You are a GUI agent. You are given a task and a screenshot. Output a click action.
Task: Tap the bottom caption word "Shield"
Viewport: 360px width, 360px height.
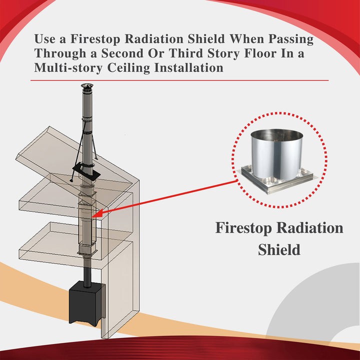click(x=279, y=249)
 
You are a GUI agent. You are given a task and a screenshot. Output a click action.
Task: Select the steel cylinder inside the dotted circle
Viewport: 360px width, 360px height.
click(x=276, y=150)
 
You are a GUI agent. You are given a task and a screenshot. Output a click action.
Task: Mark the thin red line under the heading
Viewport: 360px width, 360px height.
click(x=180, y=80)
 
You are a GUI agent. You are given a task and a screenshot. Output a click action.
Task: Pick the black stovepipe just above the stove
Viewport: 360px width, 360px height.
click(x=87, y=272)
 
